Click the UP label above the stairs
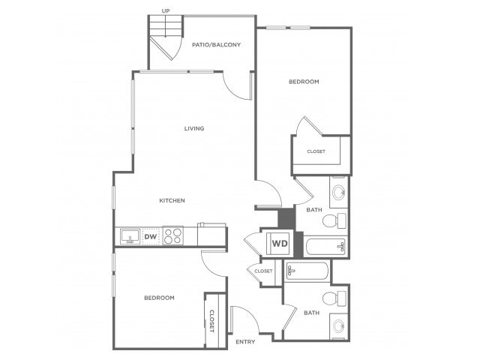click(x=166, y=11)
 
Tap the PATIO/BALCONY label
click(x=216, y=45)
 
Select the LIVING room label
click(x=194, y=128)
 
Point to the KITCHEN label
click(x=172, y=200)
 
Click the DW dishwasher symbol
click(x=151, y=236)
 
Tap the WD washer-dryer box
click(x=280, y=243)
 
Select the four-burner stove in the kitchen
click(x=173, y=235)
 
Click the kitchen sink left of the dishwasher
click(x=130, y=236)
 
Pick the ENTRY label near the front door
click(x=245, y=342)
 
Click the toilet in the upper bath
click(x=334, y=220)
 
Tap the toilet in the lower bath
click(x=334, y=298)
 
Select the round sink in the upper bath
click(x=339, y=193)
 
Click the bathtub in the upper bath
click(x=325, y=247)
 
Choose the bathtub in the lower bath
click(x=307, y=271)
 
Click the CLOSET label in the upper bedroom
click(x=316, y=151)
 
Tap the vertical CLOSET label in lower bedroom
click(x=211, y=321)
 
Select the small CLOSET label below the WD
click(x=263, y=271)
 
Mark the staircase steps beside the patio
click(x=166, y=26)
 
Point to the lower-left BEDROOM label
click(x=159, y=298)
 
